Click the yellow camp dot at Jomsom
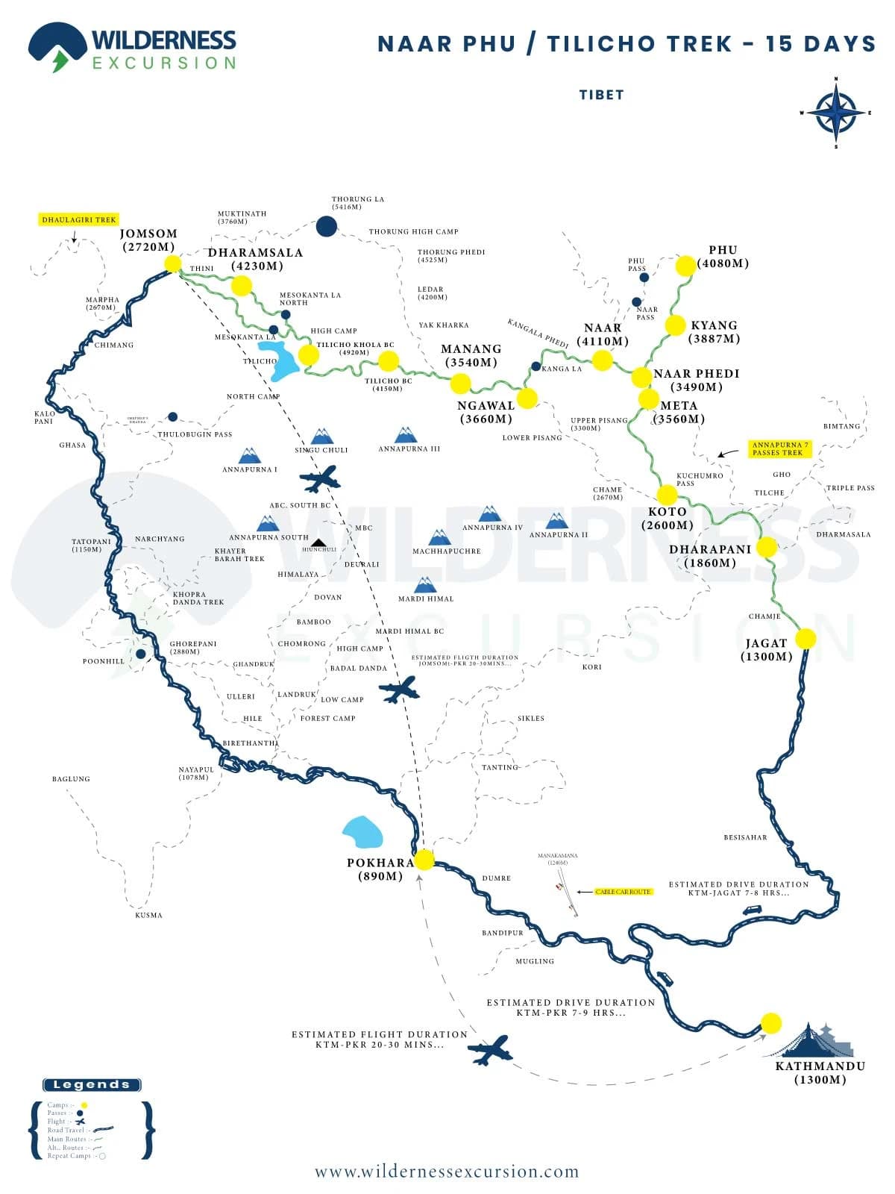[172, 263]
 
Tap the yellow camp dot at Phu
[685, 266]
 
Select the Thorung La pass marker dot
[326, 226]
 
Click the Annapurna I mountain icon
[249, 456]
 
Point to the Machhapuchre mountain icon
[440, 537]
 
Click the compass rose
[836, 113]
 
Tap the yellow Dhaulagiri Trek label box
[79, 220]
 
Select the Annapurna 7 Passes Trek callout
[780, 448]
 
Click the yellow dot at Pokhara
[424, 860]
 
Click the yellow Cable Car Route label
[624, 892]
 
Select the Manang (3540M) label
[471, 355]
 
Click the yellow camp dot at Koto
[667, 494]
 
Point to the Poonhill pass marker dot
[140, 654]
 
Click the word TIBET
[601, 95]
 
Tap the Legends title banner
[92, 1085]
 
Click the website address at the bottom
[447, 1172]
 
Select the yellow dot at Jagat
[805, 639]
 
